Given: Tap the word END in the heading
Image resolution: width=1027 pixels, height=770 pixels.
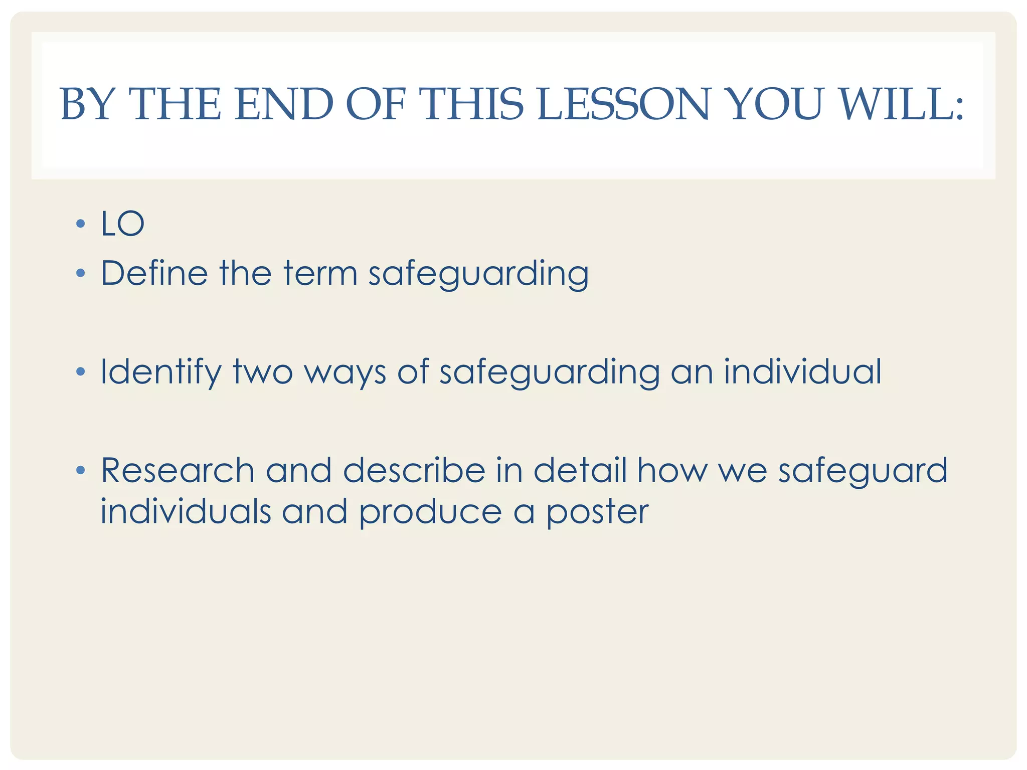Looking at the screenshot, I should click(284, 104).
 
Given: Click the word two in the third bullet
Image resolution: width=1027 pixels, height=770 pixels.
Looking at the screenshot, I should click(263, 372).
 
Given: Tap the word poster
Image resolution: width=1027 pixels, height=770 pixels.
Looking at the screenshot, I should click(597, 512).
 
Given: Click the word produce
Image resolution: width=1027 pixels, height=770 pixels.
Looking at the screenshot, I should click(430, 512).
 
